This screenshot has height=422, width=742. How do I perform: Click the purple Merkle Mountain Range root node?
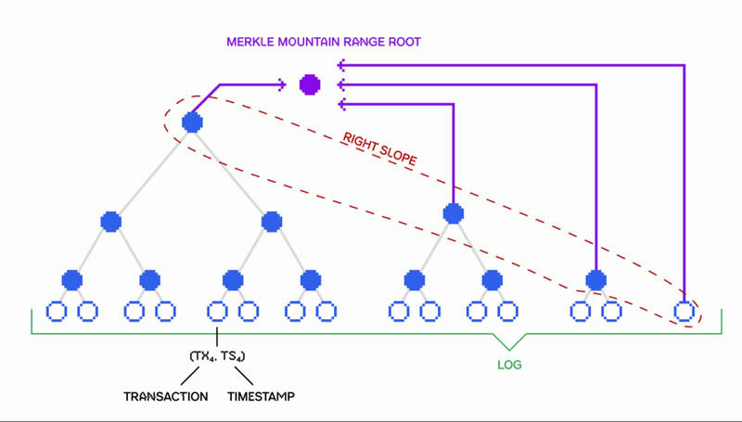point(310,85)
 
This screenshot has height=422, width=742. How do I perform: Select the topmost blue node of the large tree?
point(192,122)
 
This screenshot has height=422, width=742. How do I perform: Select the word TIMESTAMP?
point(262,397)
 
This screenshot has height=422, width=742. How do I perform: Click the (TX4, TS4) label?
point(217,354)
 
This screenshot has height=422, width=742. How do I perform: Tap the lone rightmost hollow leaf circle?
point(684,311)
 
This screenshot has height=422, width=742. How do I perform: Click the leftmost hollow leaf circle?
point(55,311)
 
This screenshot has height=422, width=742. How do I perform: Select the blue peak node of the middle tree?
point(453,213)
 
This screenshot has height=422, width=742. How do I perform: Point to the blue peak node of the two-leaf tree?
point(595,278)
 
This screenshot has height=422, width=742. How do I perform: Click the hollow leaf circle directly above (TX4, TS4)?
point(217,311)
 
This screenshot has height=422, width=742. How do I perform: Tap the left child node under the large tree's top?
point(111,222)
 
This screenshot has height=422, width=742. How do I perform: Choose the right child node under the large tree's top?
point(272,222)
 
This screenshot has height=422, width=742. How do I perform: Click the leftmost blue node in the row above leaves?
point(71,278)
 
